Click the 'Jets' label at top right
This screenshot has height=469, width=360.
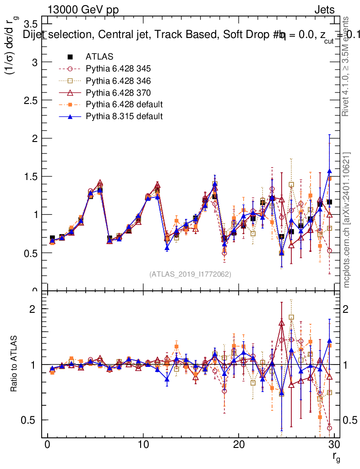(x=324, y=10)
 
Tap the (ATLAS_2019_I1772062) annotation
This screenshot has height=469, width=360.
(x=190, y=274)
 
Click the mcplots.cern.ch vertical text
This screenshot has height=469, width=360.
(x=347, y=220)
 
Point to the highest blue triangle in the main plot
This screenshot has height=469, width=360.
(x=329, y=171)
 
